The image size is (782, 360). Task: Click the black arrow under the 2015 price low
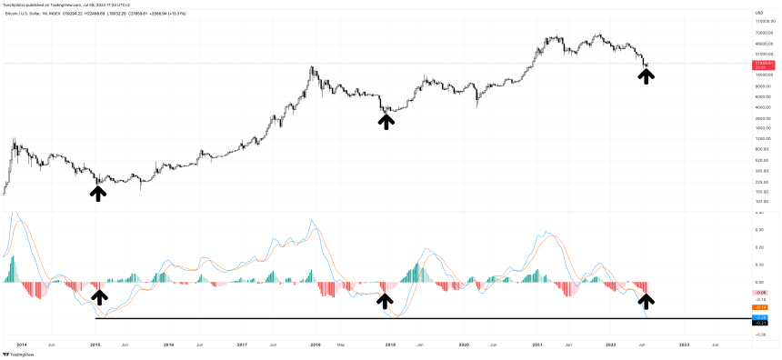tap(97, 192)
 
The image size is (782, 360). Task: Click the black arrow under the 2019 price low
tap(386, 120)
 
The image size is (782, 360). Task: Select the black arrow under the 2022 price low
tap(646, 75)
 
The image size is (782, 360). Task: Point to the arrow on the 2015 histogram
tap(99, 296)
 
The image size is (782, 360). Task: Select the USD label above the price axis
tap(758, 12)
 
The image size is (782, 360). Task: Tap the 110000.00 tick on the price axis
tap(762, 20)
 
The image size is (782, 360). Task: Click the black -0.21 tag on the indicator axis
tap(761, 323)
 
